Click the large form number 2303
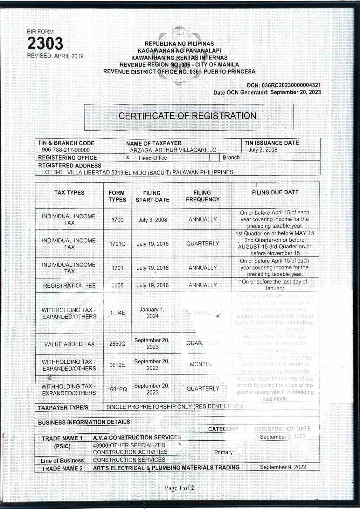pos(45,44)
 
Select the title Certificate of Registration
pos(187,116)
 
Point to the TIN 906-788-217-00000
pos(66,150)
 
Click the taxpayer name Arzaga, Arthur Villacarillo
pos(173,150)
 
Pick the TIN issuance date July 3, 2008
pos(263,150)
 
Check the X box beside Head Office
pos(128,158)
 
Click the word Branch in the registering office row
pos(231,158)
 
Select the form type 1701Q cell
pos(117,244)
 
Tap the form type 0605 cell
pos(117,285)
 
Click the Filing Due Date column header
pos(275,192)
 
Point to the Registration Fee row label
pos(69,285)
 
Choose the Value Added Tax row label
pos(69,344)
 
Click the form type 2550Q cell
pos(117,344)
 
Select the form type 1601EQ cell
pos(117,389)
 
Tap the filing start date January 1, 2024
pos(152,313)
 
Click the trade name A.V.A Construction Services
pos(137,437)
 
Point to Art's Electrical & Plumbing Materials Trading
pos(166,468)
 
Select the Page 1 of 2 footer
pos(179,488)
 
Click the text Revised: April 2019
pos(55,56)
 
